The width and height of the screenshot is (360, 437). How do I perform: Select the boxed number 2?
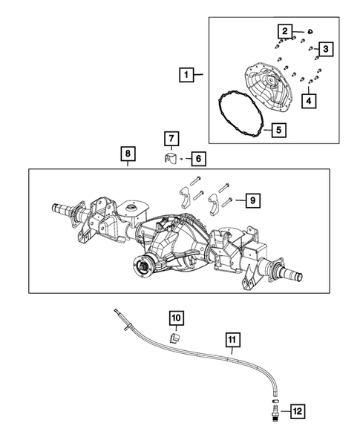[284, 30]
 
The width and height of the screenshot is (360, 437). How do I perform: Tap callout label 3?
[325, 49]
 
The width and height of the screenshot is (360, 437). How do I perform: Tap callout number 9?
[252, 200]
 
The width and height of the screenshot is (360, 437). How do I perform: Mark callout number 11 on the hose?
[232, 341]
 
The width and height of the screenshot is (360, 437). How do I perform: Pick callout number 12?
[296, 410]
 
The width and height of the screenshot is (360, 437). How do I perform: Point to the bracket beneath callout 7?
[170, 158]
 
